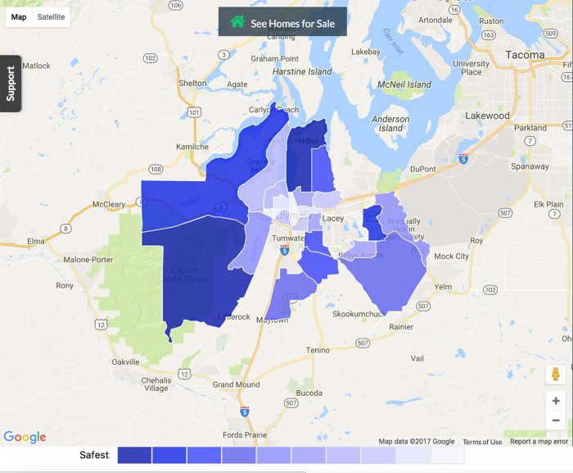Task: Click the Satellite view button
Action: tap(52, 16)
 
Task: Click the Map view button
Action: tap(19, 16)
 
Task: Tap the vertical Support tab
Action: tap(11, 84)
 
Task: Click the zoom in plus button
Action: tap(556, 401)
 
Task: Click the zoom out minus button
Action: tap(556, 421)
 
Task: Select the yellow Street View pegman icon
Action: tap(556, 375)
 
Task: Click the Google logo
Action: tap(25, 438)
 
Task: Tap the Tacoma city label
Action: tap(525, 55)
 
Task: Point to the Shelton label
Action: tap(192, 83)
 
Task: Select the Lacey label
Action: tap(333, 218)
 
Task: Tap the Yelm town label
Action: tap(443, 287)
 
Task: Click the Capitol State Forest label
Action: tap(190, 274)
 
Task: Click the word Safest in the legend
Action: tap(94, 455)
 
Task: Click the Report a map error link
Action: tap(539, 442)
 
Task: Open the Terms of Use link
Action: tap(482, 442)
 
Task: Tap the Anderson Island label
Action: tap(391, 124)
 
